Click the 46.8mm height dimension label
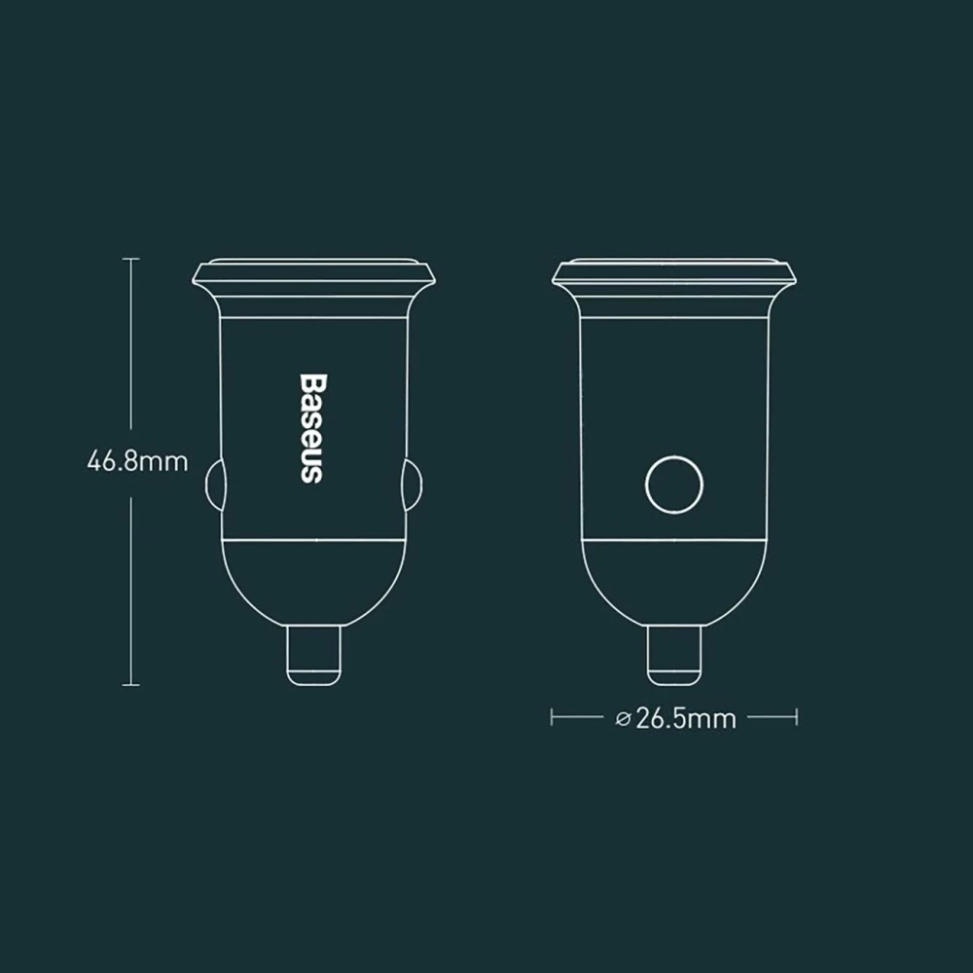click(137, 461)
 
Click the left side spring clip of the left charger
click(213, 486)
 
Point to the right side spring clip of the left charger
click(414, 486)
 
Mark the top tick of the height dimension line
click(131, 259)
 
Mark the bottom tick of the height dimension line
click(131, 685)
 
